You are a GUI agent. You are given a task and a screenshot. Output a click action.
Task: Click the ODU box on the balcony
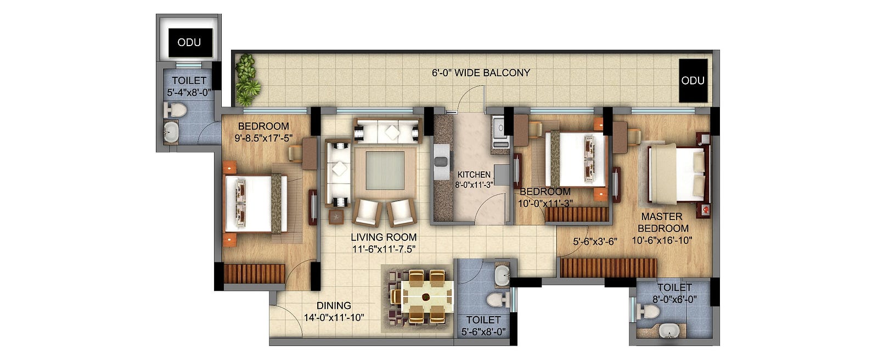point(693,80)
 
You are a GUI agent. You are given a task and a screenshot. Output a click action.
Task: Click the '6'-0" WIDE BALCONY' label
point(481,73)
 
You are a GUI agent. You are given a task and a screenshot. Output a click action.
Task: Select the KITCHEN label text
point(474,175)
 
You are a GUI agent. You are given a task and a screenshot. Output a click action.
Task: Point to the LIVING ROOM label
point(384,237)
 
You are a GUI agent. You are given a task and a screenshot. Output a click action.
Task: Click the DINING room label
point(334,306)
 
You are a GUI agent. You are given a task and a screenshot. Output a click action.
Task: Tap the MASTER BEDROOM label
point(663,222)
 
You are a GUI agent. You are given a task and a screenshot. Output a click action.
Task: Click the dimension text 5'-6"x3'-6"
point(595,241)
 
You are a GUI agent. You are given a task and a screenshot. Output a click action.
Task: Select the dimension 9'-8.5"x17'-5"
point(263,138)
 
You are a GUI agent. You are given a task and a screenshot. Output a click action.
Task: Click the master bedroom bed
point(677,174)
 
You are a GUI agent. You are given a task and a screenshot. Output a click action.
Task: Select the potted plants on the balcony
point(246,80)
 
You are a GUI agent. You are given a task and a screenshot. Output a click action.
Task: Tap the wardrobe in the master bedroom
point(609,267)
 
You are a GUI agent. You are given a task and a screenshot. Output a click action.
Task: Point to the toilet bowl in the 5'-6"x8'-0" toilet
point(497,300)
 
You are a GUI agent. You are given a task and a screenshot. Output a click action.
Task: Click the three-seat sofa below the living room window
point(387,131)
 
